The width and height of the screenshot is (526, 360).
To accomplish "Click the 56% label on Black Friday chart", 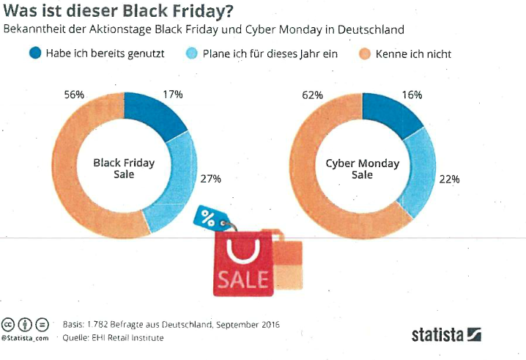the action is point(74,95).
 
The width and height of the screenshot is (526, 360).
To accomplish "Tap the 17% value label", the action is point(173,95).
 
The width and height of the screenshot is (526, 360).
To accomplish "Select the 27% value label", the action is point(211,179).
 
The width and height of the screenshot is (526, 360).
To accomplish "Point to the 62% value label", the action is point(312,95).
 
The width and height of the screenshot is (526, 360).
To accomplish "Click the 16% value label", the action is point(412,95).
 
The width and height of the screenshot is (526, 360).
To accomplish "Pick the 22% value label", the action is point(449,180).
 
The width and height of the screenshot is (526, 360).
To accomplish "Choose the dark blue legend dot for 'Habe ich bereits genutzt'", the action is point(35,53).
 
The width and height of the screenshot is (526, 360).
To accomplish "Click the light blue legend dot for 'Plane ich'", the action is point(192,54).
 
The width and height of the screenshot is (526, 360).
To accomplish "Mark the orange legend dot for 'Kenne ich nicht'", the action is point(365,54).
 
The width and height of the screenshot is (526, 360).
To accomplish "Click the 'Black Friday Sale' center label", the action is point(124,169).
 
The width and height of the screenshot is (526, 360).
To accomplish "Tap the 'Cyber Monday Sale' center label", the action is point(363,169).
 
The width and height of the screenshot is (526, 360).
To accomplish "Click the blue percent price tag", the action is point(211,218).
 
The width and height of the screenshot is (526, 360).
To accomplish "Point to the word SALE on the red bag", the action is point(243,279).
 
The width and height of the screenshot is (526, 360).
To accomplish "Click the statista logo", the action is point(446,334).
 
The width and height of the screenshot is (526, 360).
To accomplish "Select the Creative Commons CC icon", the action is point(8,324).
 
